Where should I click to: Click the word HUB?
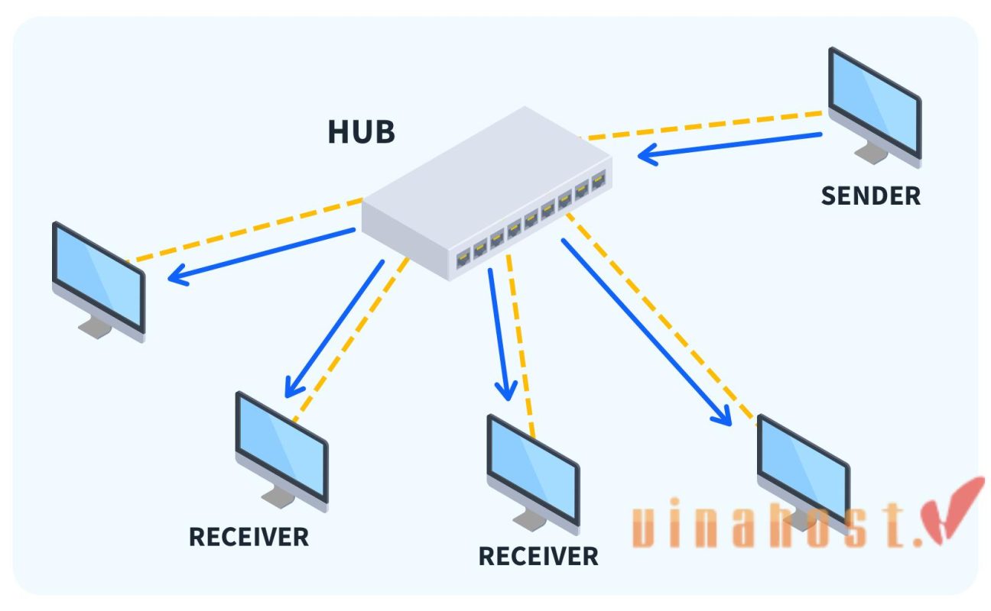tap(361, 131)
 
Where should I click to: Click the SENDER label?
tap(870, 196)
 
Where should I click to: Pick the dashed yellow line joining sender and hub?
tap(703, 125)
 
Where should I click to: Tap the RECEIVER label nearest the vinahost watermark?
tap(538, 556)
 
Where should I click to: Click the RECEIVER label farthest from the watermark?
tap(249, 537)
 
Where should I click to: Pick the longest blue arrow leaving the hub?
tap(646, 331)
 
